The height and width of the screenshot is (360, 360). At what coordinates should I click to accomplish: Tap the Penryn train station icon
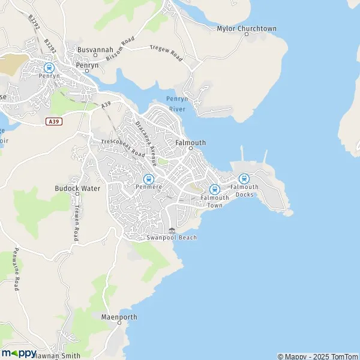click(49, 68)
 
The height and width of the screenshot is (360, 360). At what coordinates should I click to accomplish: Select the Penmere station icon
click(148, 178)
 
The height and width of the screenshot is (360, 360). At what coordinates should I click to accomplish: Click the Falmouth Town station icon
click(214, 190)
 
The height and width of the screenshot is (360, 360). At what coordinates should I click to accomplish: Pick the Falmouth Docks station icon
click(244, 178)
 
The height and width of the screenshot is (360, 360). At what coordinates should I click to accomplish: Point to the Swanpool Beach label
click(172, 238)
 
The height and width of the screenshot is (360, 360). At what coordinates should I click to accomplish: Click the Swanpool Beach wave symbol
click(172, 230)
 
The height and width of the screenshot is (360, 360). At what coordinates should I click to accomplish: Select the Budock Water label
click(77, 188)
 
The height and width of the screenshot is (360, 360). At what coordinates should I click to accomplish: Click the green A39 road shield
click(53, 121)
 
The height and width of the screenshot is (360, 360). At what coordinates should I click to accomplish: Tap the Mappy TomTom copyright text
click(317, 356)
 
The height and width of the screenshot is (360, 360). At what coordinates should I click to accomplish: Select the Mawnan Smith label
click(57, 355)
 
